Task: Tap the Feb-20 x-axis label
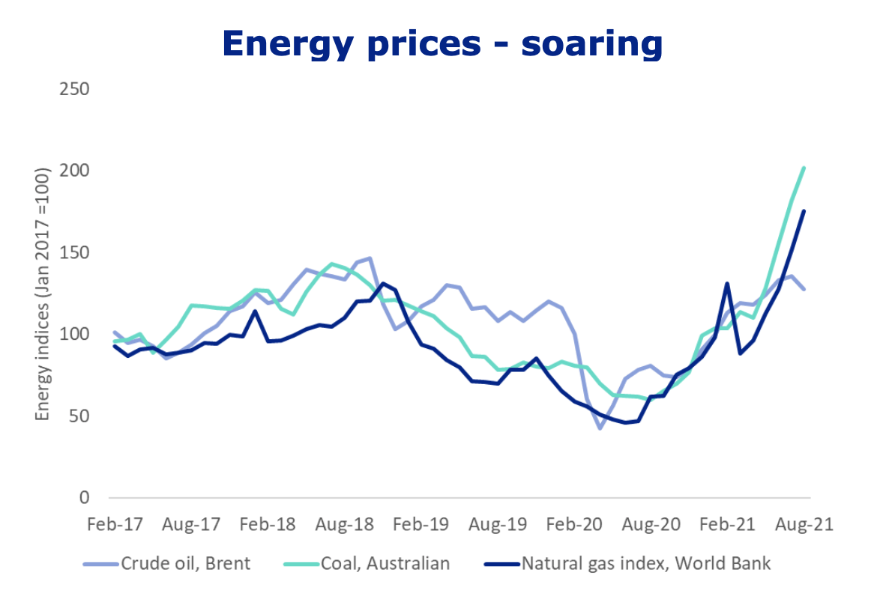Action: (573, 523)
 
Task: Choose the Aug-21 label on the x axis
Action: (804, 523)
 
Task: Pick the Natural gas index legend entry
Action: (645, 563)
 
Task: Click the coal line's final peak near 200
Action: (804, 168)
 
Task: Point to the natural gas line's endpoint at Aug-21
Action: (804, 211)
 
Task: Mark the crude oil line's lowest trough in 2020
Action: (600, 428)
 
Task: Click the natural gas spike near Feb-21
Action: (727, 284)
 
